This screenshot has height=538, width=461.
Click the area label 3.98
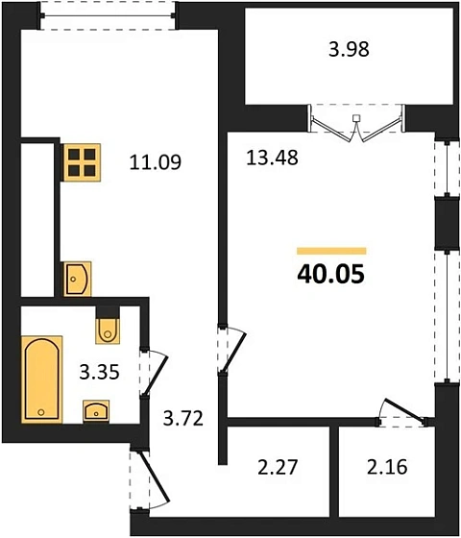click(349, 49)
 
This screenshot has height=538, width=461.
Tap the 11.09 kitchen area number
click(156, 162)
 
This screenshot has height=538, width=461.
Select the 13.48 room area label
click(272, 159)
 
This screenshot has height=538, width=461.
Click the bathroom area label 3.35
click(100, 372)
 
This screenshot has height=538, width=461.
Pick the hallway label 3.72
click(183, 418)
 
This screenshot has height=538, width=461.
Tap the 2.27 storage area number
click(278, 467)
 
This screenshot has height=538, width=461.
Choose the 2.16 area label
click(387, 467)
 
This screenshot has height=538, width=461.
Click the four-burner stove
click(82, 162)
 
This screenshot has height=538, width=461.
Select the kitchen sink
click(77, 279)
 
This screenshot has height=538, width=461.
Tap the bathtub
click(41, 379)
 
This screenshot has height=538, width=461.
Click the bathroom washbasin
click(96, 410)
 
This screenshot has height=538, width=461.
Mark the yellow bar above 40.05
click(331, 251)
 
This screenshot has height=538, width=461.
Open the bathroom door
click(154, 373)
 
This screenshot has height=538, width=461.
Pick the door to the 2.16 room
click(403, 413)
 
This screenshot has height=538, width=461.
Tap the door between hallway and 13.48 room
click(231, 350)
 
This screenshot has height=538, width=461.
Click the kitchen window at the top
click(108, 15)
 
